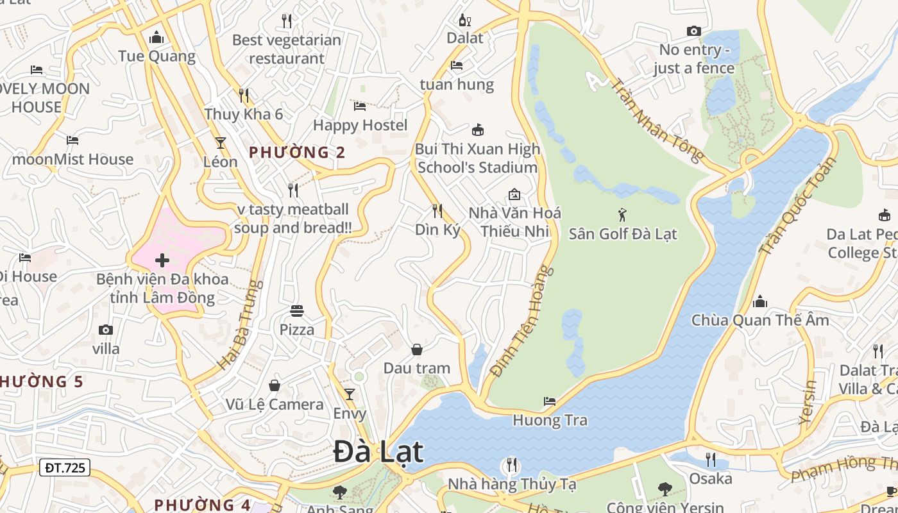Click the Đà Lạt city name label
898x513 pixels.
click(x=378, y=451)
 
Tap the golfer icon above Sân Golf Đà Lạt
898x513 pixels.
click(x=622, y=215)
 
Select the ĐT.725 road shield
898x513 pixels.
click(x=65, y=467)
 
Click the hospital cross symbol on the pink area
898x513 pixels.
click(x=162, y=260)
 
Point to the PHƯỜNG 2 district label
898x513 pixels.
click(x=297, y=153)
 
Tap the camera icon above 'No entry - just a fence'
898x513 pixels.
click(x=693, y=31)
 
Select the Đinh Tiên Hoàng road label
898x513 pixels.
click(x=520, y=321)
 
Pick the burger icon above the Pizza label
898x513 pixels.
click(x=297, y=311)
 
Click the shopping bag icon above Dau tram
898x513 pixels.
click(x=417, y=349)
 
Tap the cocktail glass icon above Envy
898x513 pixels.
click(x=349, y=394)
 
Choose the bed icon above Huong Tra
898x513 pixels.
click(x=550, y=402)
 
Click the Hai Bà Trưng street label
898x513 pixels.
click(x=241, y=324)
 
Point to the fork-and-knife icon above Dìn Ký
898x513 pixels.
click(x=437, y=210)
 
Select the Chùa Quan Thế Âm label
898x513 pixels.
click(x=759, y=319)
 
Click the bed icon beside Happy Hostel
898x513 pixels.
click(x=360, y=106)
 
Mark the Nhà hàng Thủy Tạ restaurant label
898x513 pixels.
click(x=511, y=484)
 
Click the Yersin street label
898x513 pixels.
click(x=809, y=403)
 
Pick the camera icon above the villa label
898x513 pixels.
click(x=106, y=330)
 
